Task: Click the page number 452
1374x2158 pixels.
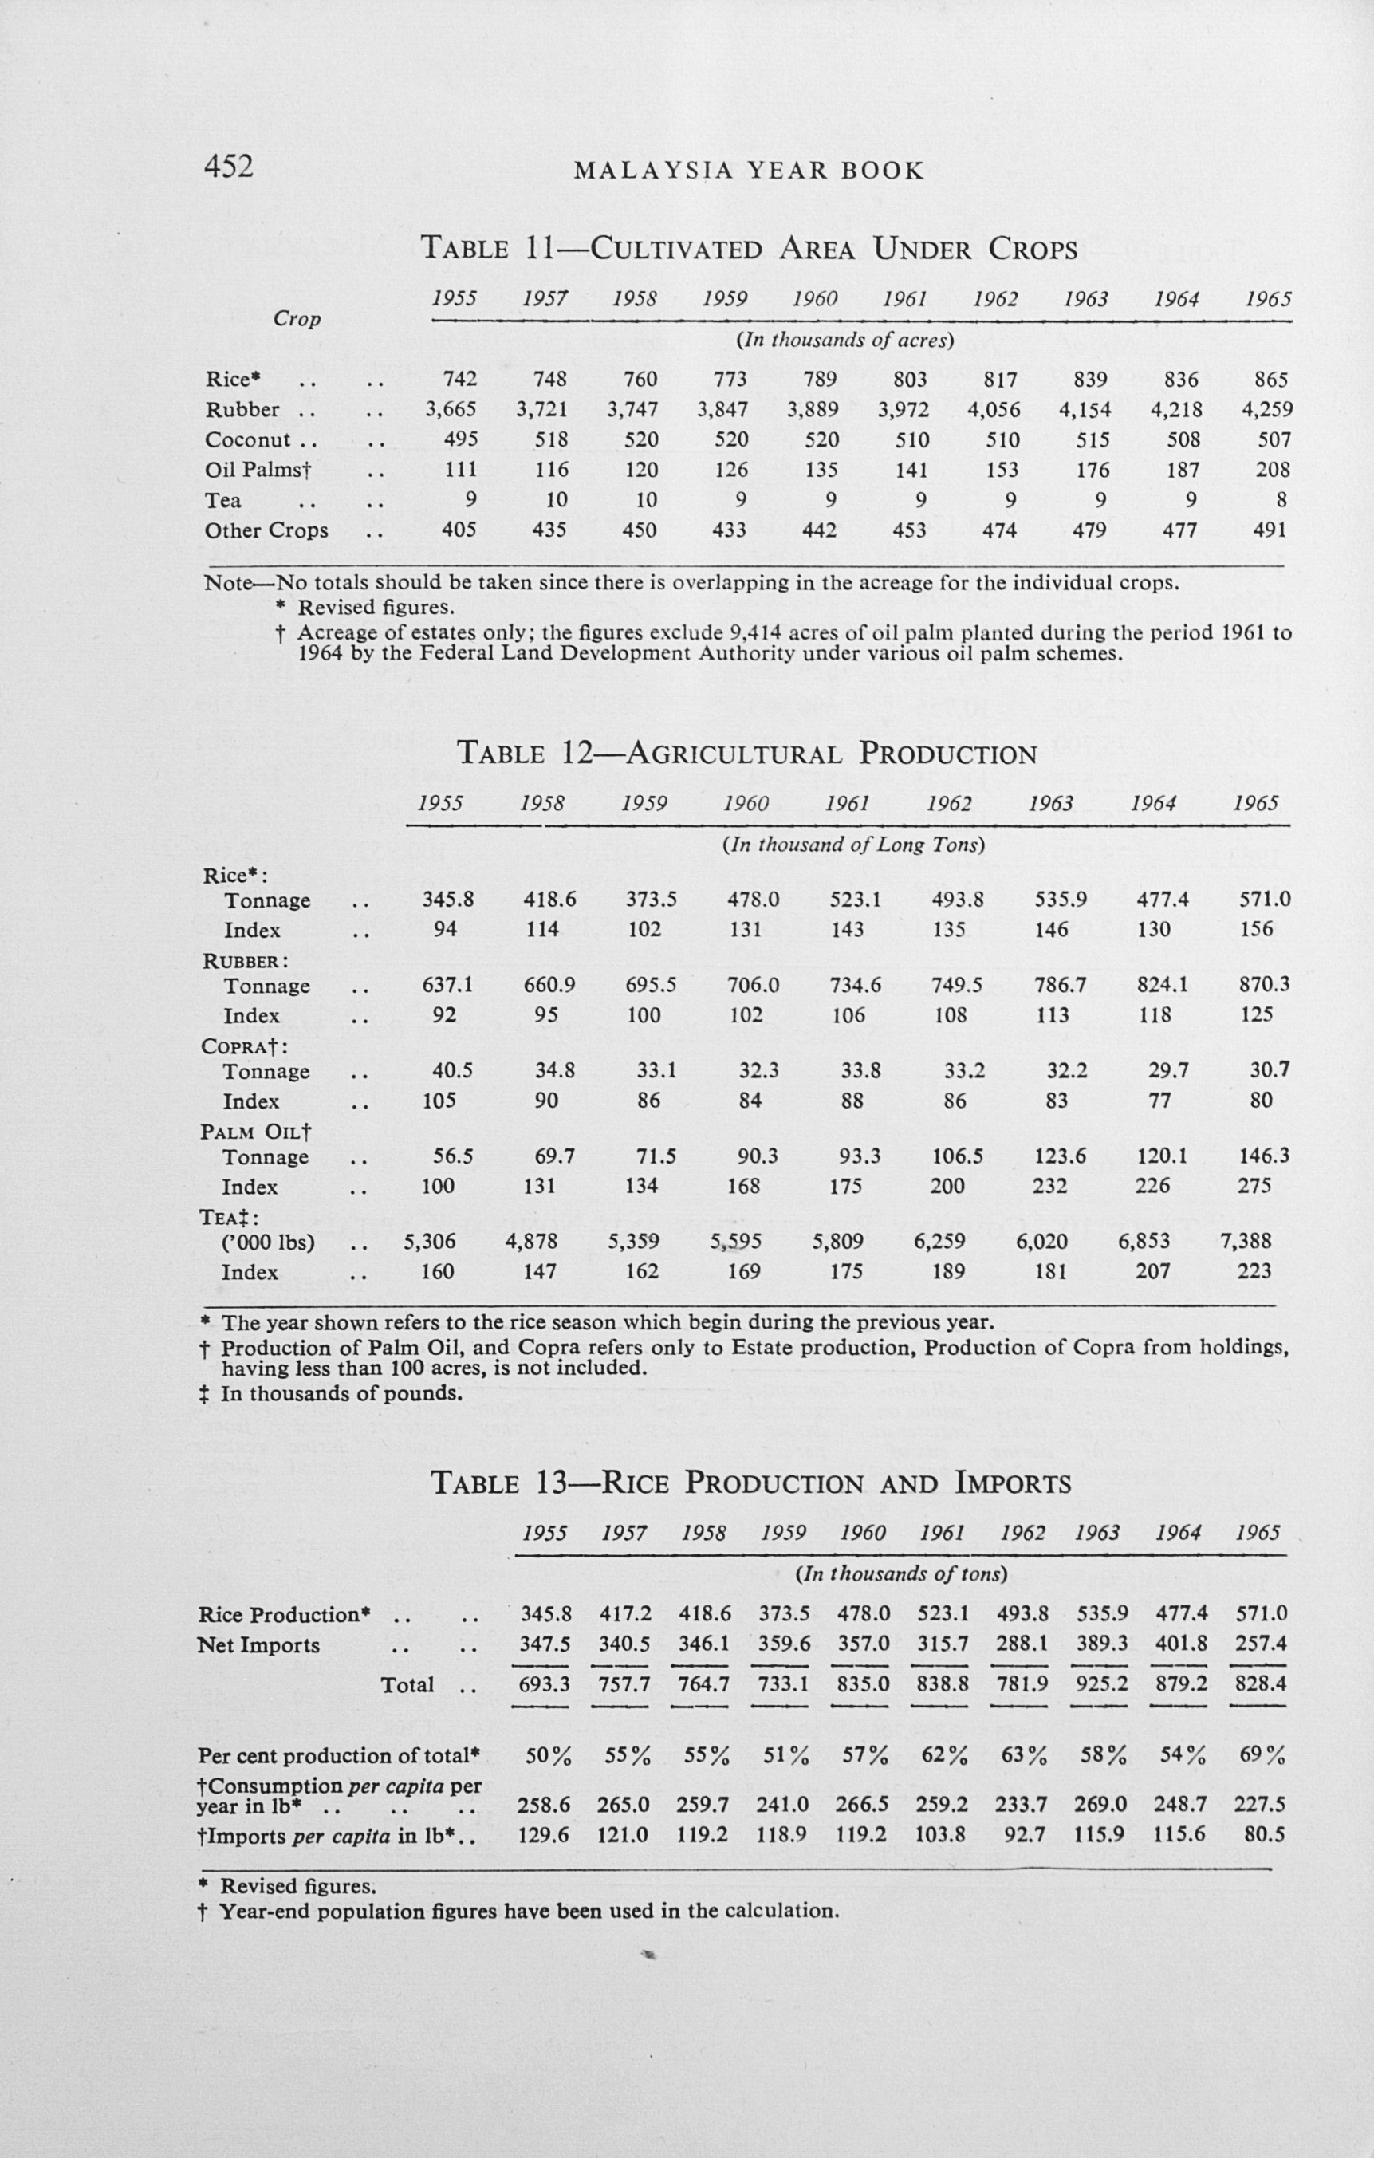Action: (x=230, y=167)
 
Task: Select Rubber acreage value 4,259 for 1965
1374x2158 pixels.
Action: (x=1267, y=410)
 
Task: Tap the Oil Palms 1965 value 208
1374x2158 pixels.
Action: (x=1273, y=470)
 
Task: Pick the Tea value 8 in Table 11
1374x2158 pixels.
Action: (x=1281, y=499)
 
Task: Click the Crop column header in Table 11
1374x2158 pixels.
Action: (x=297, y=319)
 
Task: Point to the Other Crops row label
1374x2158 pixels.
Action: (x=266, y=530)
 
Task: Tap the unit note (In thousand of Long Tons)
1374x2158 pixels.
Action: (x=853, y=845)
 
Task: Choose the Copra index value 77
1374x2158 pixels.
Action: (x=1159, y=1101)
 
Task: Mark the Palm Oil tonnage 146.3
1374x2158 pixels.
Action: (x=1265, y=1156)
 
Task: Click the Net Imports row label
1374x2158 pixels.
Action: (x=259, y=1645)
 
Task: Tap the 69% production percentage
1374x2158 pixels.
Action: (x=1263, y=1755)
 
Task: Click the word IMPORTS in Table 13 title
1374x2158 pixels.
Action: (x=1013, y=1483)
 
